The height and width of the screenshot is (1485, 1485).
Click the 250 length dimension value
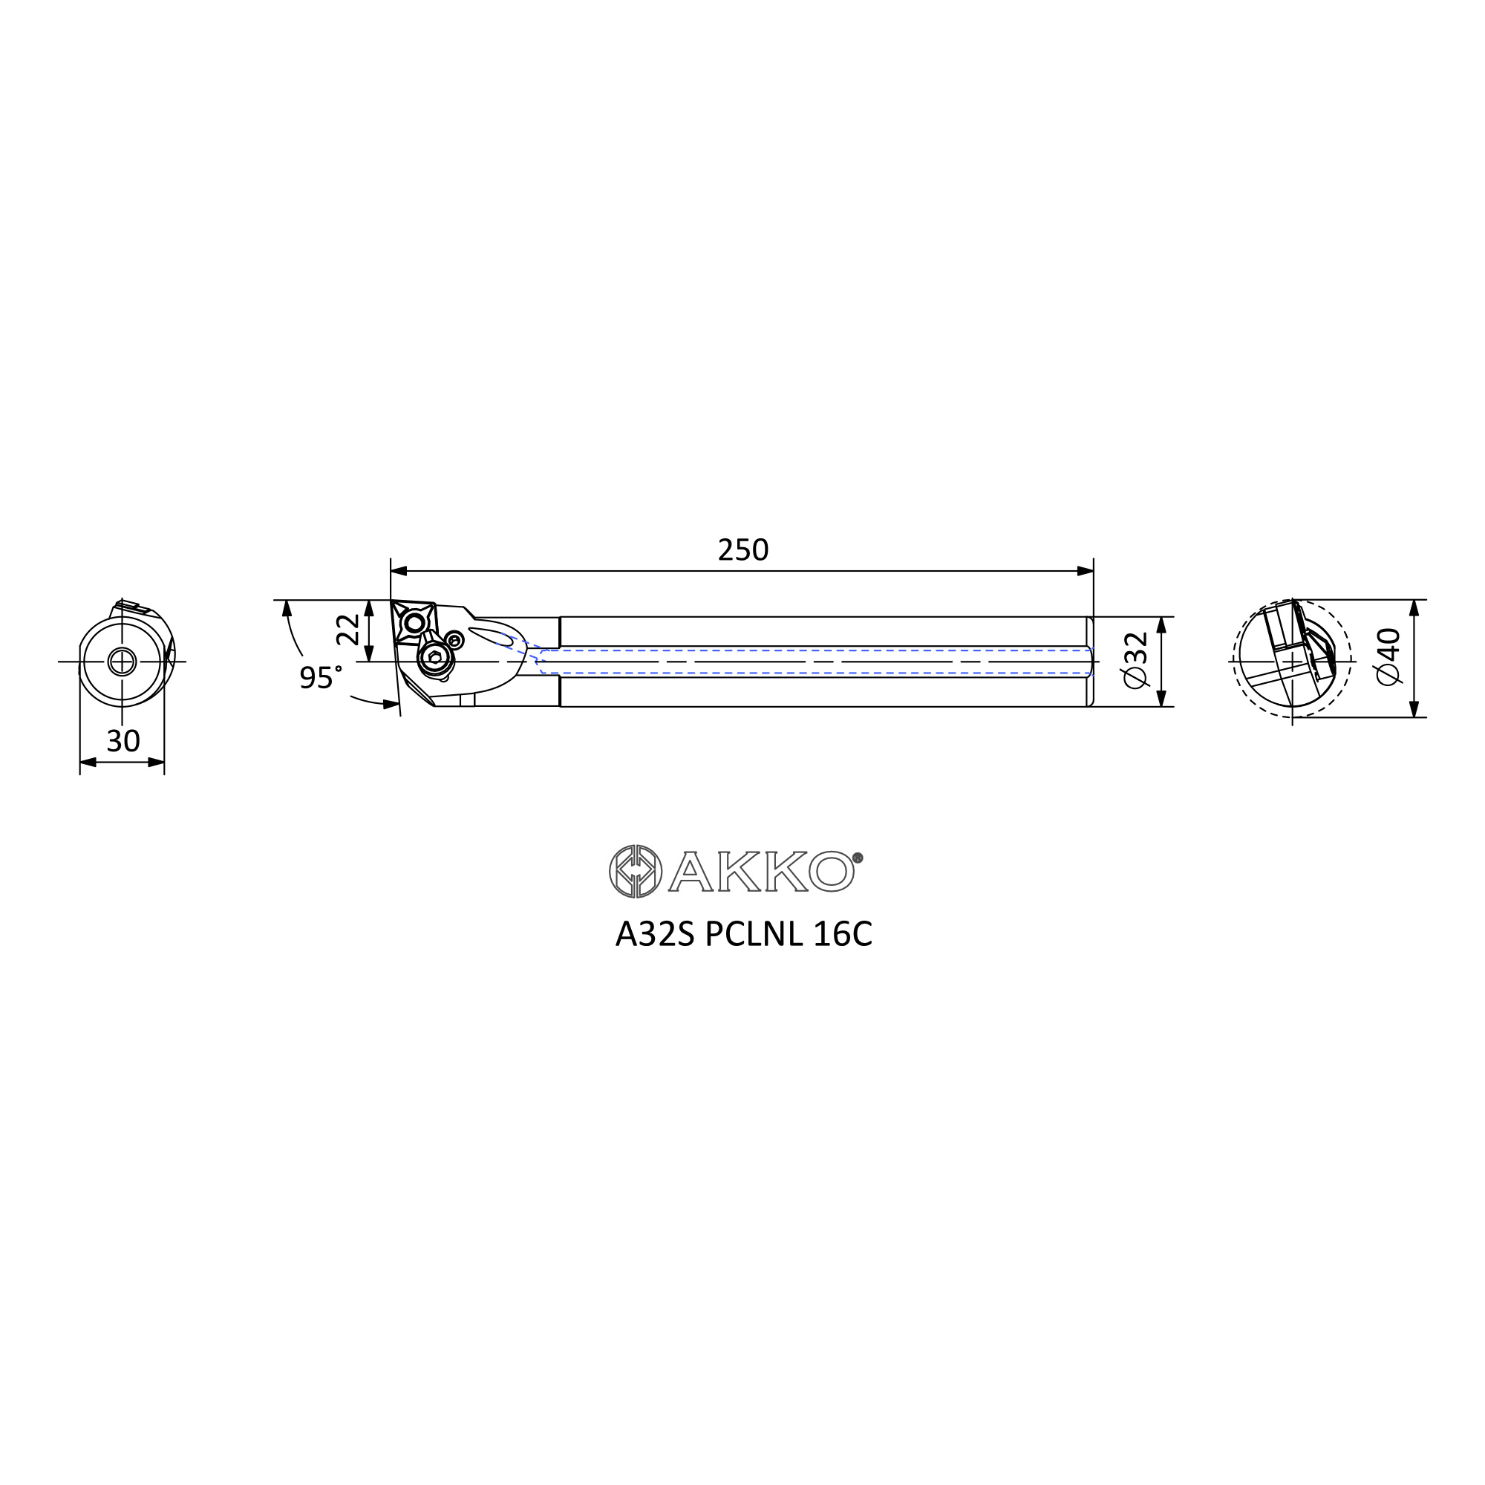[742, 550]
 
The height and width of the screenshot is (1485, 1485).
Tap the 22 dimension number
[348, 630]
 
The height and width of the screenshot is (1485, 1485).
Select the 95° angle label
[321, 676]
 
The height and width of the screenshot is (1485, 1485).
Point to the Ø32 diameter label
[1135, 660]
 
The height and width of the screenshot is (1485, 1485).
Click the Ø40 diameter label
[1389, 656]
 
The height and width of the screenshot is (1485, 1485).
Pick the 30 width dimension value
[123, 741]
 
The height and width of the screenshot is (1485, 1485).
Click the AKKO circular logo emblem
[636, 871]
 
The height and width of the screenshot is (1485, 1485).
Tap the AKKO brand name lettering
[761, 871]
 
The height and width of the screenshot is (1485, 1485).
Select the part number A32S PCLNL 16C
[743, 935]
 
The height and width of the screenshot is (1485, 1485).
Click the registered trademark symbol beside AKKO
[858, 858]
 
